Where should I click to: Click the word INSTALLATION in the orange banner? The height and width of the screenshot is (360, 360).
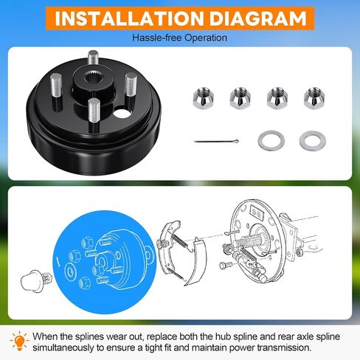pyautogui.click(x=130, y=18)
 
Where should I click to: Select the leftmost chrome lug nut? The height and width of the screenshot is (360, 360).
pyautogui.click(x=203, y=98)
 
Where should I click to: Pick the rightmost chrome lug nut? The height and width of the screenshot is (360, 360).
pyautogui.click(x=314, y=98)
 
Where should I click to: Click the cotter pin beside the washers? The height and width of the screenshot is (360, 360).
pyautogui.click(x=216, y=142)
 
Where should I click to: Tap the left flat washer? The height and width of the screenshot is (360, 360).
pyautogui.click(x=271, y=141)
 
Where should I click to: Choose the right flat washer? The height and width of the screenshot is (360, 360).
pyautogui.click(x=313, y=141)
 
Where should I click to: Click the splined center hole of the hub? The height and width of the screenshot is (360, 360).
pyautogui.click(x=92, y=80)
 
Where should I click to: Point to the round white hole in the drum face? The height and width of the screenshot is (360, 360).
pyautogui.click(x=122, y=113)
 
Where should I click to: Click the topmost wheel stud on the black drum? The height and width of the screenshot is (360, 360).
pyautogui.click(x=93, y=58)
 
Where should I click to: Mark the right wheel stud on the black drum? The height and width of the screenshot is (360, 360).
pyautogui.click(x=131, y=86)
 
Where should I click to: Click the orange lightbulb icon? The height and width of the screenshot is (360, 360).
pyautogui.click(x=20, y=341)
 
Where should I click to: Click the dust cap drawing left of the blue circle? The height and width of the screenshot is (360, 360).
pyautogui.click(x=36, y=281)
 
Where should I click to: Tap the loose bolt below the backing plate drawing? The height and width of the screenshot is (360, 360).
pyautogui.click(x=226, y=265)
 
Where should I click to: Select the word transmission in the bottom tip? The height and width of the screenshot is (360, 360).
pyautogui.click(x=283, y=347)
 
